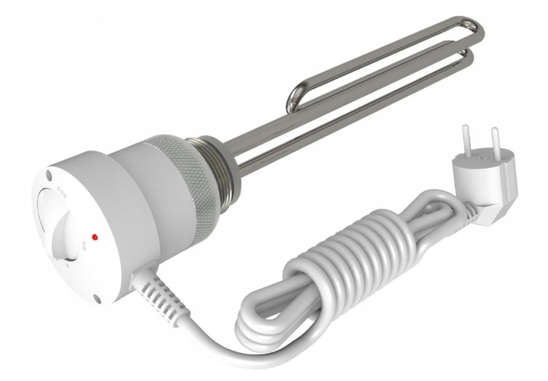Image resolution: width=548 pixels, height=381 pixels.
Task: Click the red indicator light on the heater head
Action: [94, 237]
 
